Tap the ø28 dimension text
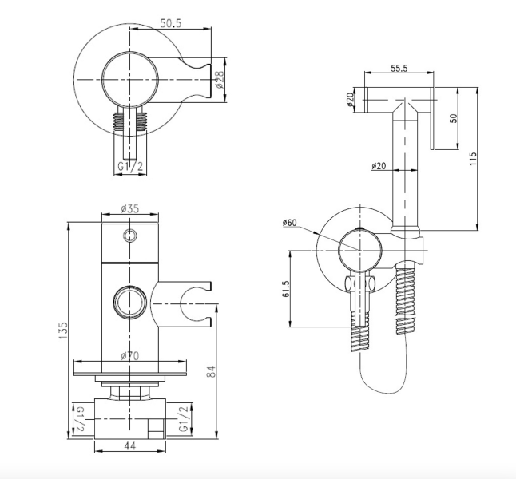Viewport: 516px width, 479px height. pos(220,80)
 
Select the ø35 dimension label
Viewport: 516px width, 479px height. pos(130,208)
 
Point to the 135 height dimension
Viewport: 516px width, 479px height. pos(63,331)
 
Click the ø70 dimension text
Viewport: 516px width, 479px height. pos(130,355)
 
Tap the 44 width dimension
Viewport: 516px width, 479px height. pos(130,445)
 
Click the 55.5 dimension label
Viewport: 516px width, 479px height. pos(399,68)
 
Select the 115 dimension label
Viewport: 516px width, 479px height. pos(473,159)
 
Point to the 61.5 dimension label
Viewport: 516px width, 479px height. pos(286,288)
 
